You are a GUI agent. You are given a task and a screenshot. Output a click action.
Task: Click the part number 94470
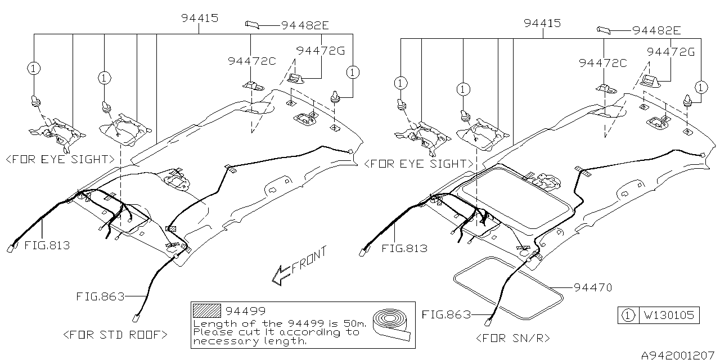[x=593, y=287]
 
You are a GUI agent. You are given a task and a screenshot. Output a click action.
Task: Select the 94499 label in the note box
[x=245, y=310]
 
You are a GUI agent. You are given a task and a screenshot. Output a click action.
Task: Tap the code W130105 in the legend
[x=669, y=316]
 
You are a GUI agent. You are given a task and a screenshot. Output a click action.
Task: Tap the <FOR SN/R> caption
[x=512, y=337]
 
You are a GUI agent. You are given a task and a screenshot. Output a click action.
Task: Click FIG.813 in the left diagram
[x=47, y=245]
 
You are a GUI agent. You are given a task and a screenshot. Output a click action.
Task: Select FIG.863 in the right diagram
[x=447, y=314]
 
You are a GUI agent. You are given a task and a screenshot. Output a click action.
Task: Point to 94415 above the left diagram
[x=200, y=18]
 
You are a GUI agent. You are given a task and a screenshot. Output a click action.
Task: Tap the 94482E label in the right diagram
[x=656, y=30]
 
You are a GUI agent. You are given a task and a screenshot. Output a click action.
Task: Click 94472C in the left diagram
[x=252, y=61]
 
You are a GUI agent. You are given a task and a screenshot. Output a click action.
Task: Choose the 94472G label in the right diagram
[x=671, y=52]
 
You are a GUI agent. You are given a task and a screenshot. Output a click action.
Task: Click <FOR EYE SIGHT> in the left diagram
[x=60, y=160]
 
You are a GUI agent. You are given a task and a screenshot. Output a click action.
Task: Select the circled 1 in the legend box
[x=627, y=316]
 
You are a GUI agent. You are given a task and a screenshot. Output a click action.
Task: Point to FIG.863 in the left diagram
[x=100, y=296]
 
